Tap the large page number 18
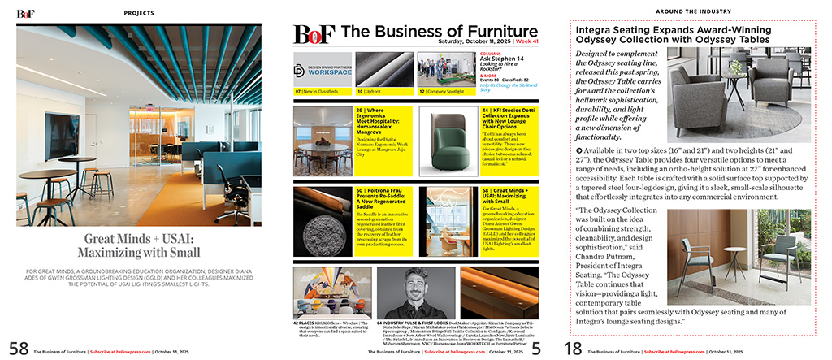click(x=573, y=348)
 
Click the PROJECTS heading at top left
click(x=140, y=13)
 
